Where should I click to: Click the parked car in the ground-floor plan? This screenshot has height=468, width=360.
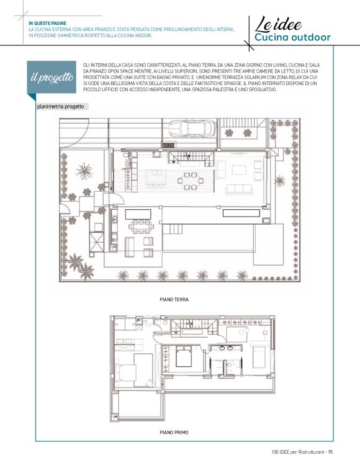[x=192, y=128]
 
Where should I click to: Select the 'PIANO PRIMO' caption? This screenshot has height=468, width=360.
[x=174, y=432]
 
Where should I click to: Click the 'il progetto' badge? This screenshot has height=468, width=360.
[x=52, y=77]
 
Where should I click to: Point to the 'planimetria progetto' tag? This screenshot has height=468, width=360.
[x=61, y=107]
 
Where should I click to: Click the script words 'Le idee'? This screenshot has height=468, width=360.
[x=278, y=24]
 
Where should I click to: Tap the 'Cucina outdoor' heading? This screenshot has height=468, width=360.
[x=292, y=37]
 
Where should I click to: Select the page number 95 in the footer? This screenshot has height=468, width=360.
[x=330, y=452]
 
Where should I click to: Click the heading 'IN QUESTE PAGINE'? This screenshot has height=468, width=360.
[x=47, y=24]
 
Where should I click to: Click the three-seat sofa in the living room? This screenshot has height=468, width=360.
[x=239, y=189]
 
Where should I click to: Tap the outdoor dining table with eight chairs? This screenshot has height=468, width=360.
[x=141, y=226]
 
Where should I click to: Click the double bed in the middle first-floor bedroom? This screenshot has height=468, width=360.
[x=183, y=356]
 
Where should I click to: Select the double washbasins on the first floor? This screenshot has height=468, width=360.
[x=226, y=348]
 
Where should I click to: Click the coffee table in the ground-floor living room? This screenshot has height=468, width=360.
[x=239, y=170]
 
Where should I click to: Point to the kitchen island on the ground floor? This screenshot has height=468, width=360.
[x=156, y=178]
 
